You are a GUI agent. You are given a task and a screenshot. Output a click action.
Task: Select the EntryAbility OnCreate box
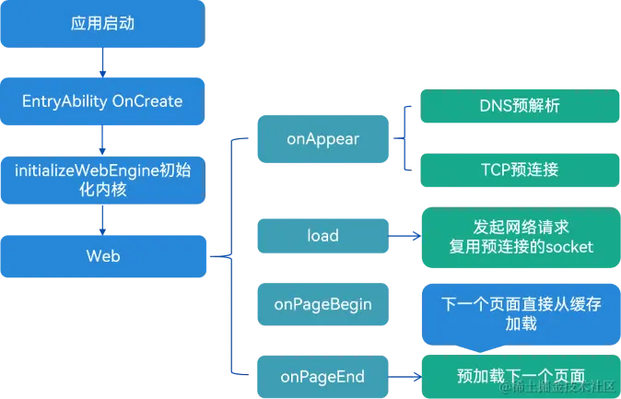102,101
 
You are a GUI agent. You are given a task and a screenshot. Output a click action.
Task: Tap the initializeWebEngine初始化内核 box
102,179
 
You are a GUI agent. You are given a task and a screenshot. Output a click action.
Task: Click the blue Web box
102,256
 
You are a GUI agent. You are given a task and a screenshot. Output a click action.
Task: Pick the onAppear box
322,139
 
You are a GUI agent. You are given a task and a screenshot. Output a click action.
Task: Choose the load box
322,236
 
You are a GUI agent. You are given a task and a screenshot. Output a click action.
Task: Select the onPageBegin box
322,305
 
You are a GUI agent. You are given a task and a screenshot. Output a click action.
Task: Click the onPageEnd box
322,376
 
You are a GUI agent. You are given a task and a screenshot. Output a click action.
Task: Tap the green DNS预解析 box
520,106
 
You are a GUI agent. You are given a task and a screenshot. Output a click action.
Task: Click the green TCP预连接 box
520,170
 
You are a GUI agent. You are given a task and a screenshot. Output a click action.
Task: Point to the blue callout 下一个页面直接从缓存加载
520,313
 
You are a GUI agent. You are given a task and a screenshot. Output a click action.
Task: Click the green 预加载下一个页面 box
520,376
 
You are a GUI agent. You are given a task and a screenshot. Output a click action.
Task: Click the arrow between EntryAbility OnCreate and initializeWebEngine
102,140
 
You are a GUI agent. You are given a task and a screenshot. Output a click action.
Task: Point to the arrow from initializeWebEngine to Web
102,217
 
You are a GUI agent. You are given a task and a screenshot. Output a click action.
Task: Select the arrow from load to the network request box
404,236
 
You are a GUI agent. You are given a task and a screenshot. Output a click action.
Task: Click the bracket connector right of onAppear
402,139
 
